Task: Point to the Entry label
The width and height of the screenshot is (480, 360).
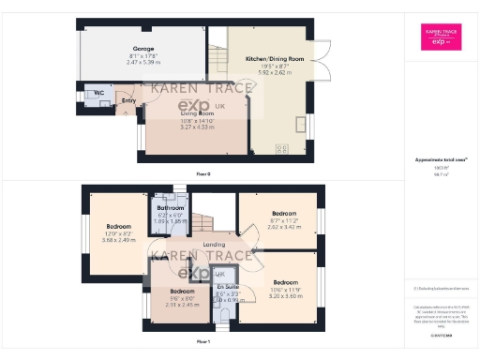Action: [x=128, y=100]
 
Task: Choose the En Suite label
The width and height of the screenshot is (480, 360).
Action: [x=228, y=286]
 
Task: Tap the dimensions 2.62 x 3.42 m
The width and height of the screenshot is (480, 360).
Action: [x=282, y=227]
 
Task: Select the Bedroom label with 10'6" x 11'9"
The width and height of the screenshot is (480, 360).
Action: [x=286, y=281]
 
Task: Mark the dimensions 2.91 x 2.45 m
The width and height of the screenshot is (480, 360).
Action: [x=182, y=304]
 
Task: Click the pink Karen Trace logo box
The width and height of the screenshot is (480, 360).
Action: [x=439, y=37]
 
